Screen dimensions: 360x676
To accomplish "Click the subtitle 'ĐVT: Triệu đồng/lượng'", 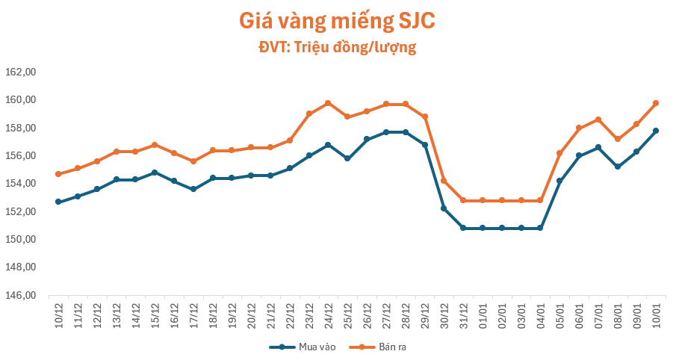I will tap(337, 48).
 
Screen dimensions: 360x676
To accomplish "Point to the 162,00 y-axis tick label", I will tap(21, 72).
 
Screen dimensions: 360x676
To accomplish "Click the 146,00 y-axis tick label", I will tap(21, 296).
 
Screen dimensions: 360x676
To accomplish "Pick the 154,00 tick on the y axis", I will tap(21, 184).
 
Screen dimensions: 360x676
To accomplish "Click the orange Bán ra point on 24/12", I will tap(328, 103).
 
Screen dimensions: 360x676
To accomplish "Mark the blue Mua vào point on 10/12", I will tap(58, 202).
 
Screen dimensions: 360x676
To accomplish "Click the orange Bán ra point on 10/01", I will tap(656, 103).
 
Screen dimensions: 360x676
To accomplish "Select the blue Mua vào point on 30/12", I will tap(444, 208).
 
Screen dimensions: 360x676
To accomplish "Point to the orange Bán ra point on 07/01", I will tap(598, 120).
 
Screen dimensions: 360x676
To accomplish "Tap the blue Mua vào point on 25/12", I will tap(347, 158).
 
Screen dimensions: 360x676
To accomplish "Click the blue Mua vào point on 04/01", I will tap(540, 228).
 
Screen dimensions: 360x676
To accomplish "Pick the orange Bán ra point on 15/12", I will tap(155, 145).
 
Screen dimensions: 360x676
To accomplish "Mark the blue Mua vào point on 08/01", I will tap(618, 167).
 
